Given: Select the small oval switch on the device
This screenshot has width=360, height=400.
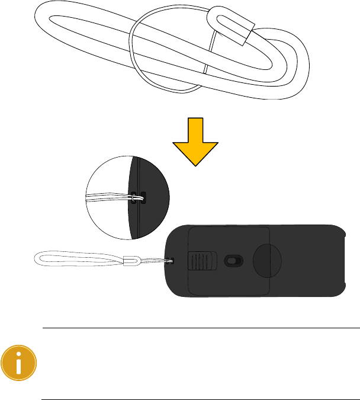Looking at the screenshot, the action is pyautogui.click(x=232, y=260).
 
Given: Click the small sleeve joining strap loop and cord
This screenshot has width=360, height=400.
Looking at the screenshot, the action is pyautogui.click(x=130, y=260).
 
